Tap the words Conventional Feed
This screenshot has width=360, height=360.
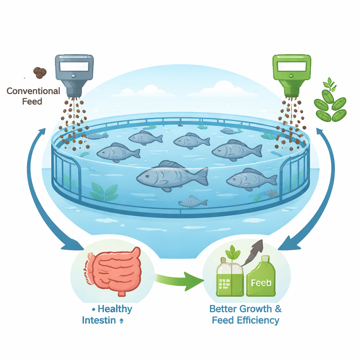(x=33, y=96)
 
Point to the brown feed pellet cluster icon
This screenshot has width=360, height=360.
(x=40, y=72)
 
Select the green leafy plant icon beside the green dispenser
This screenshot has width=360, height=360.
(x=329, y=102)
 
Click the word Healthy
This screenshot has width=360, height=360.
(x=115, y=309)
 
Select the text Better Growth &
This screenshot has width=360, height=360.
(x=245, y=309)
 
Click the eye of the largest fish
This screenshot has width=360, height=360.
(x=146, y=175)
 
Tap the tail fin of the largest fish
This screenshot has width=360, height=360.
(x=201, y=176)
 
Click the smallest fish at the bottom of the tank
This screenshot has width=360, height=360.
(x=192, y=201)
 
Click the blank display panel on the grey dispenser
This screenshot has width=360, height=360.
(x=74, y=66)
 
